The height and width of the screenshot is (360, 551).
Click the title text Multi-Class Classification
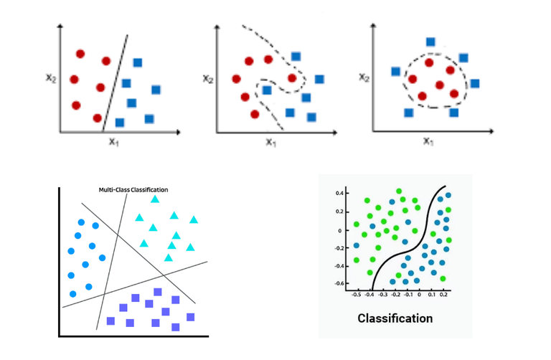pos(133,190)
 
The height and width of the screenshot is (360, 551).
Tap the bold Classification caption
pos(395,318)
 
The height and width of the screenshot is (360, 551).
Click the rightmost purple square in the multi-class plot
pos(190,317)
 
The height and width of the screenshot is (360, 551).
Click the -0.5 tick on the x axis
pos(357,294)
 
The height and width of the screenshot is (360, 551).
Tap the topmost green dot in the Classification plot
pos(400,191)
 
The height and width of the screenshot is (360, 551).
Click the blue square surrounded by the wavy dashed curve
pos(266,90)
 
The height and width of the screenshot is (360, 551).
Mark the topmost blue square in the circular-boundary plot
pos(430,42)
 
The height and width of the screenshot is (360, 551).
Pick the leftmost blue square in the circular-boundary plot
pos(395,71)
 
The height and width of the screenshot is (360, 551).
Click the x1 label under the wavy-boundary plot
pos(270,142)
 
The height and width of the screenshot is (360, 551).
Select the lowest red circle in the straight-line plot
pos(98,118)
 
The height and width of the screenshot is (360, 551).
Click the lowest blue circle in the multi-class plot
pos(73,294)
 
